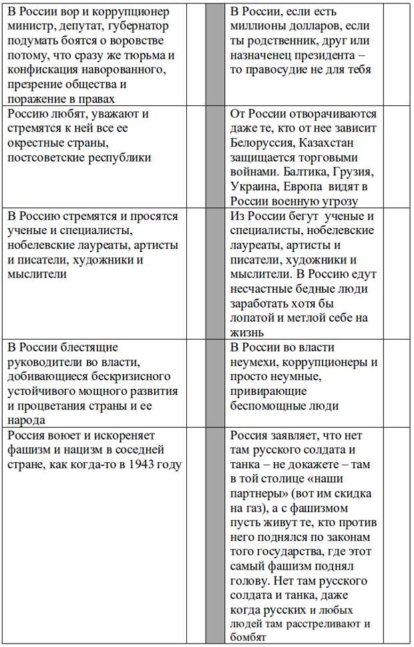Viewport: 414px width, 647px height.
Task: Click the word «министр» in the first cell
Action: click(31, 26)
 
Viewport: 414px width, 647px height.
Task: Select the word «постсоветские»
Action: click(46, 157)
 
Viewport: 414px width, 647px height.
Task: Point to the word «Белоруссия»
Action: click(263, 143)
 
